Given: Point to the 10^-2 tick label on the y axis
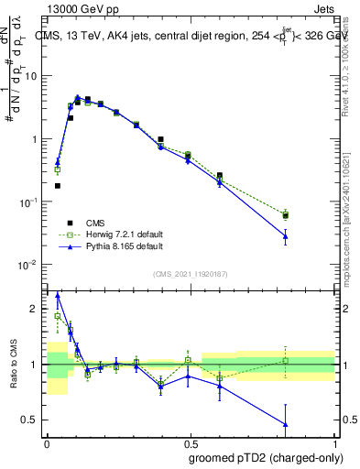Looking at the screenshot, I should click(x=29, y=265).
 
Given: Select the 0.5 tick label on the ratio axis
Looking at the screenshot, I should click(x=32, y=420).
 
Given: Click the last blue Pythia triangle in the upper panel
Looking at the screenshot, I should click(x=286, y=236).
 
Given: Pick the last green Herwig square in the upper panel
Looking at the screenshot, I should click(x=286, y=215).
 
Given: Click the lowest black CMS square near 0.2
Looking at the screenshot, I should click(x=58, y=185).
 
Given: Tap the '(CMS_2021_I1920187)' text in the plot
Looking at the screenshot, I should click(x=190, y=273).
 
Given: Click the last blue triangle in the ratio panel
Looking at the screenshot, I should click(x=286, y=424).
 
